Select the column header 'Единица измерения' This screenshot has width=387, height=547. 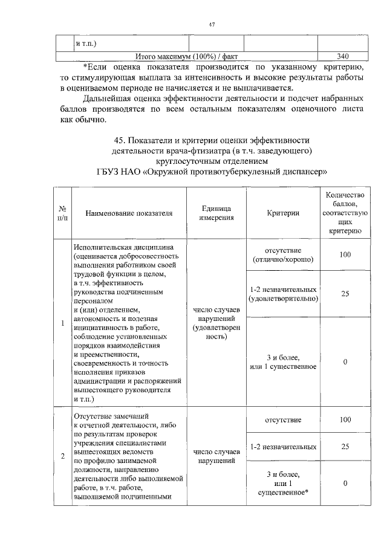(216, 213)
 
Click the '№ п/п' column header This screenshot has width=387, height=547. (62, 213)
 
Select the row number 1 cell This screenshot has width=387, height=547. (63, 323)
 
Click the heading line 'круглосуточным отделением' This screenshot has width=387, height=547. (211, 161)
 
